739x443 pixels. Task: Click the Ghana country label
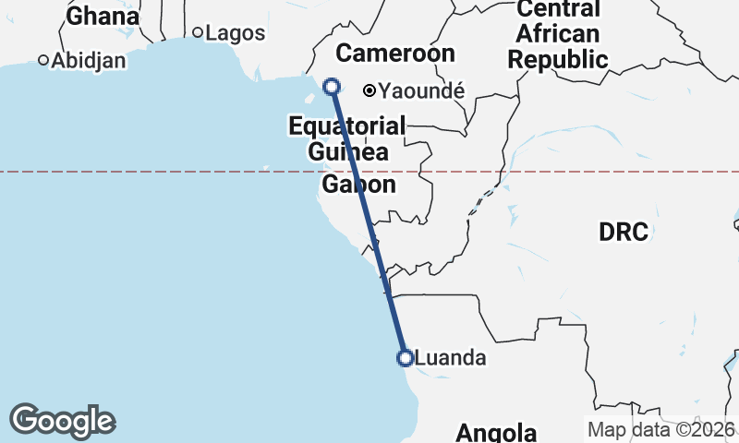103,16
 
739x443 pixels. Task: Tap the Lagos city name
235,33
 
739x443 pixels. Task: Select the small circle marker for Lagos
197,32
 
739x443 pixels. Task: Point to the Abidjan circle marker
43,61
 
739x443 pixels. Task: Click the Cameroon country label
394,53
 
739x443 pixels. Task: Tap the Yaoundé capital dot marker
369,90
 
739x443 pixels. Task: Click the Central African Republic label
558,35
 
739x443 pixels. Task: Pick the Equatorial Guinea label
346,138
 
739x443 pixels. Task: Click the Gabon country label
358,185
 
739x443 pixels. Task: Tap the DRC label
624,232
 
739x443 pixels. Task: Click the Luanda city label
451,358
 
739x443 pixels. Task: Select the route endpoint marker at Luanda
405,358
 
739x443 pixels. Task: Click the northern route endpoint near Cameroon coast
332,87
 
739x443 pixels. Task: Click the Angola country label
496,432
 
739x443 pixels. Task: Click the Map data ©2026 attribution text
661,429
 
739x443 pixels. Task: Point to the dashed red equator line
185,171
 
